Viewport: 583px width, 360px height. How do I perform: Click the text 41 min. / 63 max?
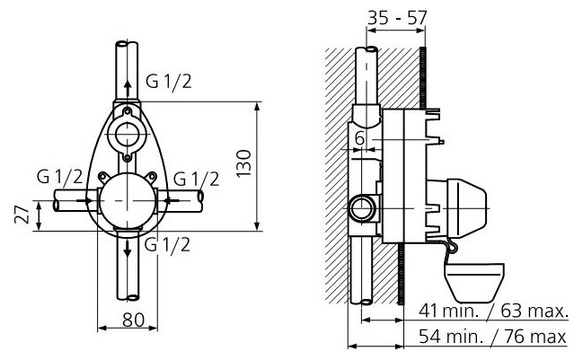pos(494,312)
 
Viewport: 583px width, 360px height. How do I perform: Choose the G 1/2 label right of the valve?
pos(196,177)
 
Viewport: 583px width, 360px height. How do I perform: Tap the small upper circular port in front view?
pos(126,136)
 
